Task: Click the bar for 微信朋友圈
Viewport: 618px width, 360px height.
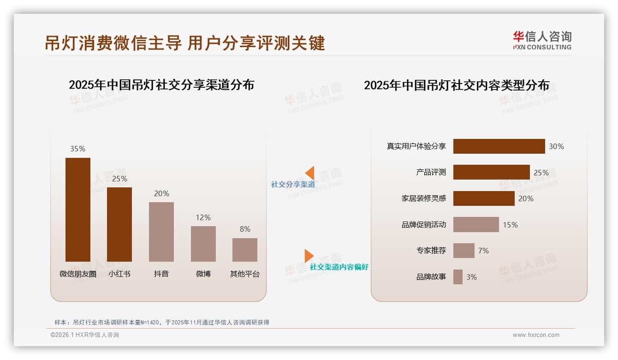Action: (78, 210)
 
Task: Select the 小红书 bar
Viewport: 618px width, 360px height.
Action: (119, 224)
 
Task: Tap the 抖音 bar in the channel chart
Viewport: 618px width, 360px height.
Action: (161, 232)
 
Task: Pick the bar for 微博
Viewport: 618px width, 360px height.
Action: (203, 244)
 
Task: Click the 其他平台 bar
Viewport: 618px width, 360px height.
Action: (245, 250)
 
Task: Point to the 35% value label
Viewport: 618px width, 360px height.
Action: (78, 149)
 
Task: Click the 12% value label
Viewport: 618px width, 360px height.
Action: (203, 217)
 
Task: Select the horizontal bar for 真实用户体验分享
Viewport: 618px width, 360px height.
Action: (499, 146)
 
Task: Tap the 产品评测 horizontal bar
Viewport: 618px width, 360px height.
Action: (491, 172)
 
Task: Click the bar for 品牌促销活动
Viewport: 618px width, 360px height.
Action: (476, 225)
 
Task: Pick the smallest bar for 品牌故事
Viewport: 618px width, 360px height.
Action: (458, 277)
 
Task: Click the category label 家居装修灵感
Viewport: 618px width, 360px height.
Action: (424, 198)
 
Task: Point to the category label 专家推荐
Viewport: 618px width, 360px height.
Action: (431, 251)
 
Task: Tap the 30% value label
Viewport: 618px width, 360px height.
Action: (556, 146)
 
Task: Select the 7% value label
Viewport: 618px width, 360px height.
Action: (483, 251)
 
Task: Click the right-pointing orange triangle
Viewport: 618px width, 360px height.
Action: (309, 256)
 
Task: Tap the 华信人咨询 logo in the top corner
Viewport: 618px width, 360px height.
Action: (542, 40)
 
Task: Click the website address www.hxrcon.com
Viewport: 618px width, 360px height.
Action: (536, 335)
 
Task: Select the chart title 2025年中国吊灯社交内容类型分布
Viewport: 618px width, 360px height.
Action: (457, 85)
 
